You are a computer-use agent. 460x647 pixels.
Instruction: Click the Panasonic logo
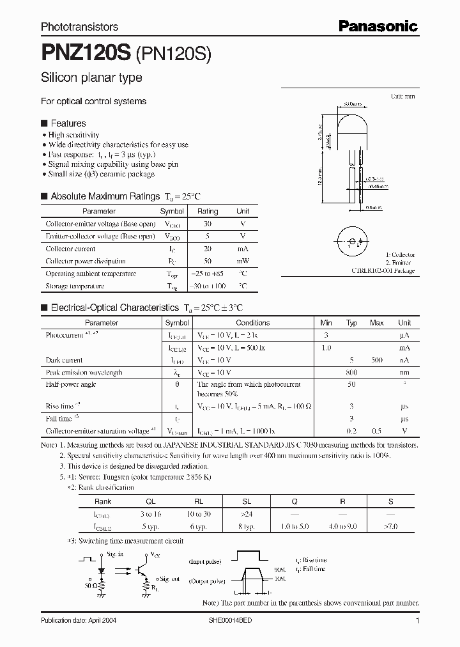point(378,26)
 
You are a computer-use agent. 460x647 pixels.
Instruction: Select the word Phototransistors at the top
point(79,27)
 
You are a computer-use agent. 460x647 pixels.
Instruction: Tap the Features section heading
point(68,123)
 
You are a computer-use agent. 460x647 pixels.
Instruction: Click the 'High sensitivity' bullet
point(73,135)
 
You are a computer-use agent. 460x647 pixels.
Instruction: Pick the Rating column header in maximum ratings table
point(207,211)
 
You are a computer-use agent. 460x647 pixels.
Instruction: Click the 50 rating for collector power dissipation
point(207,261)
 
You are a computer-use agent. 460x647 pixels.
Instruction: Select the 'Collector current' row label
point(68,249)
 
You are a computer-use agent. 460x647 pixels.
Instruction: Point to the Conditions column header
point(252,323)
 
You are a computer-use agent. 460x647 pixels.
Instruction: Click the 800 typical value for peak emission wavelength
point(351,372)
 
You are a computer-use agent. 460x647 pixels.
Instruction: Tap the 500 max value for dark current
point(376,360)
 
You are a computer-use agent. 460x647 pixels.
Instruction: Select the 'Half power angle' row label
point(71,384)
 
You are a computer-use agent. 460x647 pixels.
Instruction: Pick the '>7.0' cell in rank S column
point(390,526)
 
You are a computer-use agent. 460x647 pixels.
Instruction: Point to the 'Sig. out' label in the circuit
point(169,579)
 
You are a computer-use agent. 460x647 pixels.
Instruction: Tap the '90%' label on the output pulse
point(279,570)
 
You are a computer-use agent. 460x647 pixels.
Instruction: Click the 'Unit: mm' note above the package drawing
point(402,96)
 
